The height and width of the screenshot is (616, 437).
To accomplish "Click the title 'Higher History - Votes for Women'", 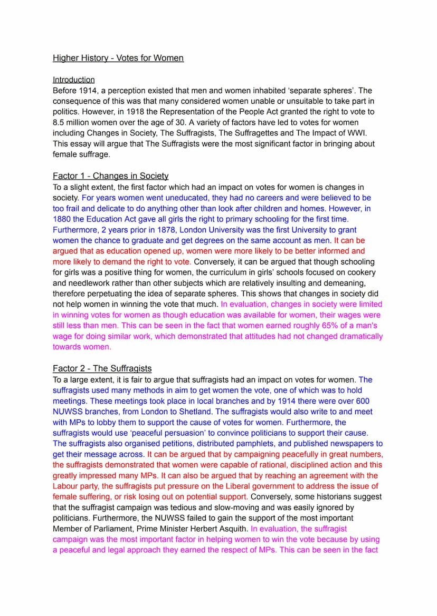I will (118, 58).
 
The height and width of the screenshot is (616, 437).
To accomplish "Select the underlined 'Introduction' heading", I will (74, 80).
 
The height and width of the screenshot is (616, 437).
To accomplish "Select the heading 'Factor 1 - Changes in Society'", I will (110, 176).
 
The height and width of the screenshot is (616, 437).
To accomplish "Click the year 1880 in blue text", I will (62, 219).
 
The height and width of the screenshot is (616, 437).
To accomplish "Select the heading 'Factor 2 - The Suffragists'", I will (102, 368).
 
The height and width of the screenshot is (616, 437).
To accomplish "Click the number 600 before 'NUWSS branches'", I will (364, 400).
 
